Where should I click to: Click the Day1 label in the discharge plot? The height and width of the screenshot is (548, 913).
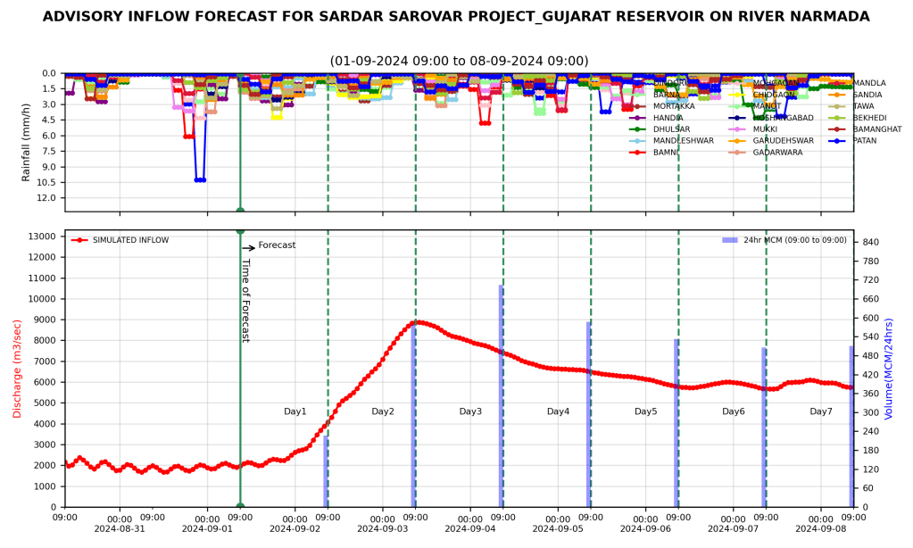(x=295, y=411)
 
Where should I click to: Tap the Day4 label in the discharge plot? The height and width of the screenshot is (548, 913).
(x=558, y=411)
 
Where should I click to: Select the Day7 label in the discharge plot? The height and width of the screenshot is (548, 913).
(x=821, y=411)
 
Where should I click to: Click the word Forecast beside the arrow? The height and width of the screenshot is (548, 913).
(x=277, y=245)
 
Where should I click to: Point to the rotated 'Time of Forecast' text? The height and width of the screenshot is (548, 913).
(x=245, y=301)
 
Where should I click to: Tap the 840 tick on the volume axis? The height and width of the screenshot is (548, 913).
(x=870, y=242)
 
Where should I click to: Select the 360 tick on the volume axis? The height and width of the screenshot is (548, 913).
(x=870, y=394)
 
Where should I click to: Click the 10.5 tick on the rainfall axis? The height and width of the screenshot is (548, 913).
(x=48, y=182)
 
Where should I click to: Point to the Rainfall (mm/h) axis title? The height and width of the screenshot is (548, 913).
(x=27, y=140)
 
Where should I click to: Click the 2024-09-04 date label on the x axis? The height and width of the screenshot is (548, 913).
(x=469, y=528)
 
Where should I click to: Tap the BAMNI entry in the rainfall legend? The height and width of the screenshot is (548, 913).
(x=666, y=153)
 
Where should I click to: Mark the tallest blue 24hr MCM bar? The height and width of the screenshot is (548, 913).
(x=502, y=395)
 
